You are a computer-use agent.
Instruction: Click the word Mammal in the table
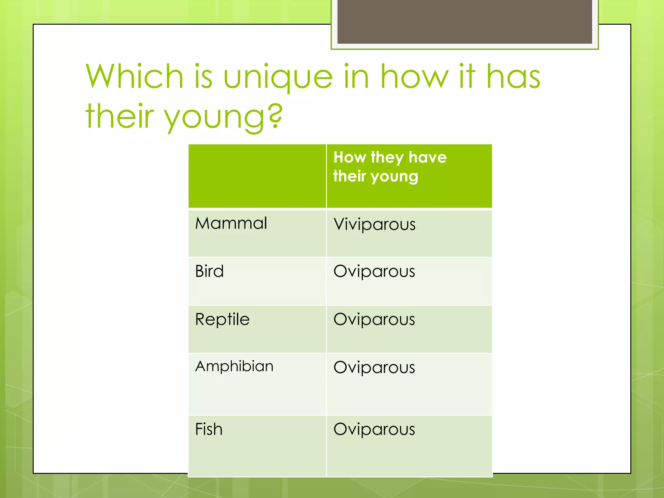[x=231, y=223]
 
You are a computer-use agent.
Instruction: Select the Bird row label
[x=209, y=271]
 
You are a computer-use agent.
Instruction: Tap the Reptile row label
[x=222, y=319]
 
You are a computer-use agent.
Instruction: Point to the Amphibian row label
[x=234, y=366]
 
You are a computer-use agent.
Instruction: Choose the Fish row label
[x=209, y=429]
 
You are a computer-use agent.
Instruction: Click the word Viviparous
[x=374, y=224]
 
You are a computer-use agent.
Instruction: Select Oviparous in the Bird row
[x=374, y=271]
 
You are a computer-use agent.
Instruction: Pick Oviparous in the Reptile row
[x=374, y=319]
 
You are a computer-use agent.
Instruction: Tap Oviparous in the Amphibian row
[x=374, y=367]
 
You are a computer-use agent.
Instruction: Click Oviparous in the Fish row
[x=374, y=429]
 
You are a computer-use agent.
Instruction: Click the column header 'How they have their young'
[x=390, y=167]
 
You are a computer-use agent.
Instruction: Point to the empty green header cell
[x=257, y=176]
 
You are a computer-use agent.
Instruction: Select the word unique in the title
[x=278, y=77]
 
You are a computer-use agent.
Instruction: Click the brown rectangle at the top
[x=465, y=21]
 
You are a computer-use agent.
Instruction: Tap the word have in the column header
[x=428, y=158]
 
